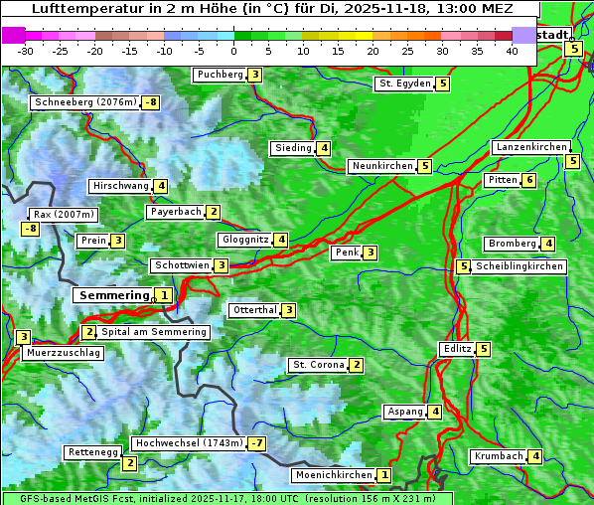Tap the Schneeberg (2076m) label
[84, 102]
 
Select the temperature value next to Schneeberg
[150, 102]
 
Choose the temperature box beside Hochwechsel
[257, 442]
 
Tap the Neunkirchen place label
[381, 166]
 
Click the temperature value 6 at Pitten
[529, 180]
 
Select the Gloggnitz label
[244, 240]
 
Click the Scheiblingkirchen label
[520, 266]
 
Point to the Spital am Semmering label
[154, 332]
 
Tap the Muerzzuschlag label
[64, 353]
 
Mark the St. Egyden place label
[404, 84]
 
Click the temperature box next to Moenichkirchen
[384, 476]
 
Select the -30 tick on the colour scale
[26, 50]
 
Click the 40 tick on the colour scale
[512, 50]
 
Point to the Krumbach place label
[499, 456]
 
